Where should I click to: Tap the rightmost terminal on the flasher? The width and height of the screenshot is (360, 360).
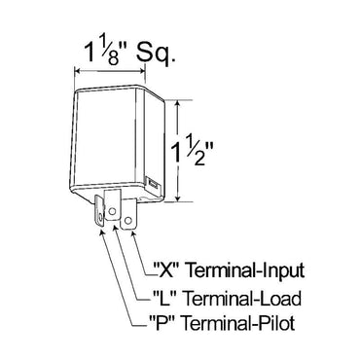point(131,215)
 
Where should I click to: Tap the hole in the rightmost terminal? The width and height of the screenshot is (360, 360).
point(132,220)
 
